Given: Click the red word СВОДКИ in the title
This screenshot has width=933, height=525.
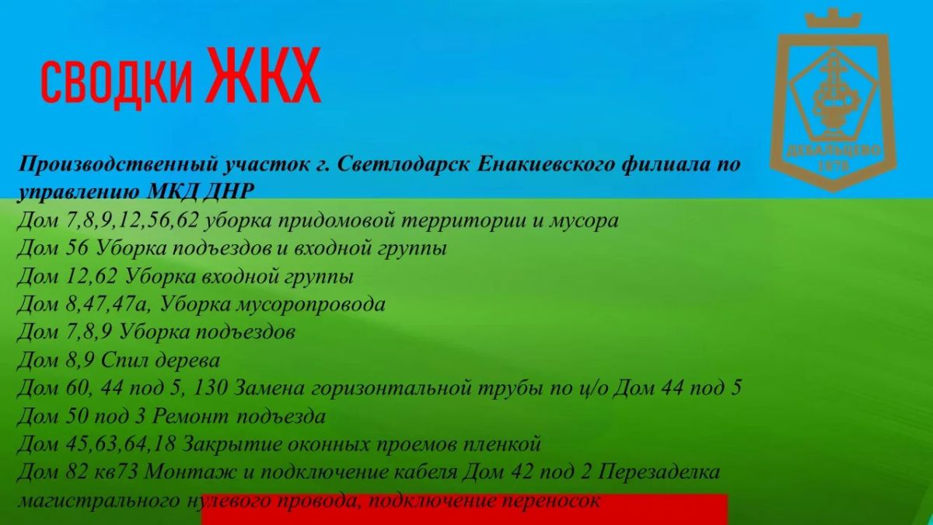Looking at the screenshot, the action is click(x=117, y=83).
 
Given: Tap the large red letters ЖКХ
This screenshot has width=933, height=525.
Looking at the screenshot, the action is click(x=264, y=75).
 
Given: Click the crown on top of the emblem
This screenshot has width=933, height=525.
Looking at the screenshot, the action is click(x=833, y=19).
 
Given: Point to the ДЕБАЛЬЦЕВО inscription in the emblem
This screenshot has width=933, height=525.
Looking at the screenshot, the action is click(x=833, y=150).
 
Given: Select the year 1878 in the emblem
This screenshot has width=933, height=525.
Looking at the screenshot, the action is click(x=833, y=166).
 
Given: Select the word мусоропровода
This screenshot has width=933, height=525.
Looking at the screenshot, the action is click(x=311, y=305).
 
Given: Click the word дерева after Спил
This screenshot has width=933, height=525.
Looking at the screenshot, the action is click(x=187, y=360).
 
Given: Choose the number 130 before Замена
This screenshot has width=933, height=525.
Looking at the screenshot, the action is click(x=211, y=388).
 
